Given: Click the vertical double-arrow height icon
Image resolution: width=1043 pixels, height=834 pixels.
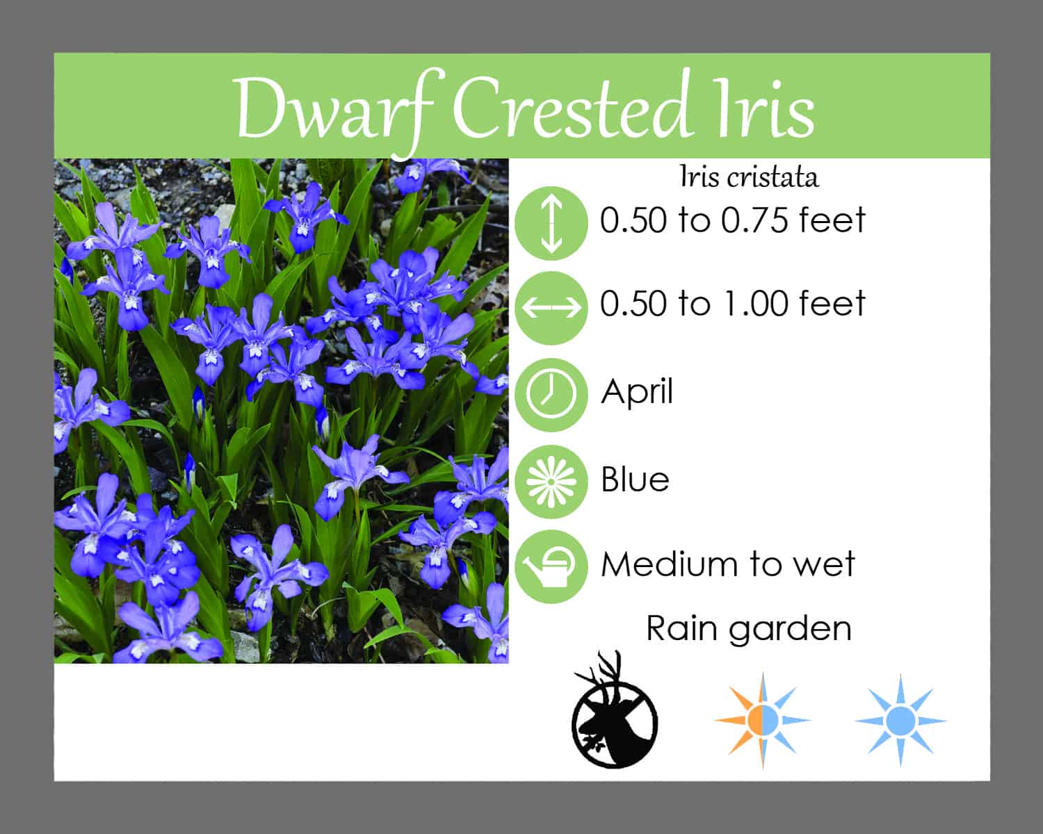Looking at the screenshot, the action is pos(551,223).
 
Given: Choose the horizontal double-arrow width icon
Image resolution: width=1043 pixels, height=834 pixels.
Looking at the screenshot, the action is pos(551,308).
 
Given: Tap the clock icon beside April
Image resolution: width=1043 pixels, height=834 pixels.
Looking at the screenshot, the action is pos(551,395).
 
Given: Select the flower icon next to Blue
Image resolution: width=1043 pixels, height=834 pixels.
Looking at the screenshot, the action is pos(551,482).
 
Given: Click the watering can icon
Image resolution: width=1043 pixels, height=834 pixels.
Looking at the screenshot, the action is pos(551,566).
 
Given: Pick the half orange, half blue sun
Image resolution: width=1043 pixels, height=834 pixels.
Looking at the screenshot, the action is pos(762,721).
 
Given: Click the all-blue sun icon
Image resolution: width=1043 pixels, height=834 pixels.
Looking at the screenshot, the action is pos(900,721).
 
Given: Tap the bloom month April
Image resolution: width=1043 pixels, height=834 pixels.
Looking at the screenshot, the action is pos(637,392).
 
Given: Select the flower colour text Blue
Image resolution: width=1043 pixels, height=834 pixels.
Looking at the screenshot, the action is pos(635,480).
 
